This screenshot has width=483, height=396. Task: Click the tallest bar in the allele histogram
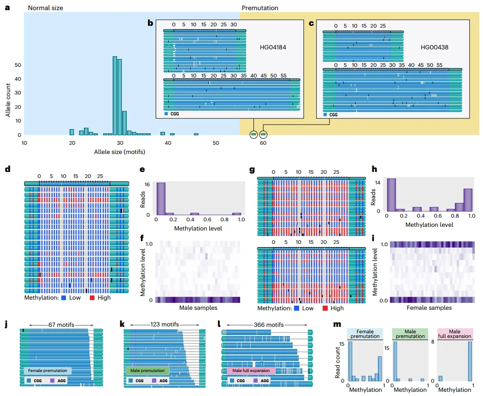(115, 95)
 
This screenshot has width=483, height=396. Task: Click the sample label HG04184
(273, 47)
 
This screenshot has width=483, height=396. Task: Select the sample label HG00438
(434, 47)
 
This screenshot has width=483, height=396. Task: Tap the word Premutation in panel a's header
(259, 8)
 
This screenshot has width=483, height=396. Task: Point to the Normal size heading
(46, 8)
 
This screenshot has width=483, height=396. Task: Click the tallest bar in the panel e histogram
(161, 199)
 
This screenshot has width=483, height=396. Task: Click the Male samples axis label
(198, 307)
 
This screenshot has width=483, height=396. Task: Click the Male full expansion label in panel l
(251, 371)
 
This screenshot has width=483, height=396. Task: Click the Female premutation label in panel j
(48, 371)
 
